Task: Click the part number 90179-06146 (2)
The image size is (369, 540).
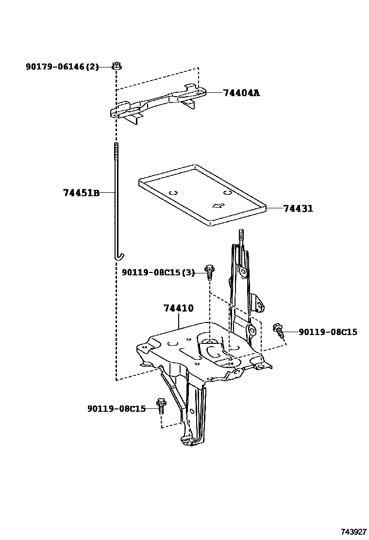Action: coord(62,67)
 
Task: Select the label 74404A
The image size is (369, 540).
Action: coord(241,92)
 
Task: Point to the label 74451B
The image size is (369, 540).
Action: coord(81,193)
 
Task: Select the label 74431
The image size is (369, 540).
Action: coord(298,208)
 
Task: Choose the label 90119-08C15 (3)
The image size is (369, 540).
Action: coord(158,273)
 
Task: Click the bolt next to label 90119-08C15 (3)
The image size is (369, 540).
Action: coord(209,271)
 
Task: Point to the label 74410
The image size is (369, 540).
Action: coord(179,308)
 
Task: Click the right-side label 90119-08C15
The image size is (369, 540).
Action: coord(328,332)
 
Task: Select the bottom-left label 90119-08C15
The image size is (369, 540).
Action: coord(117,409)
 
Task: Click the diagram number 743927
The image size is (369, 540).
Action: coord(353,532)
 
